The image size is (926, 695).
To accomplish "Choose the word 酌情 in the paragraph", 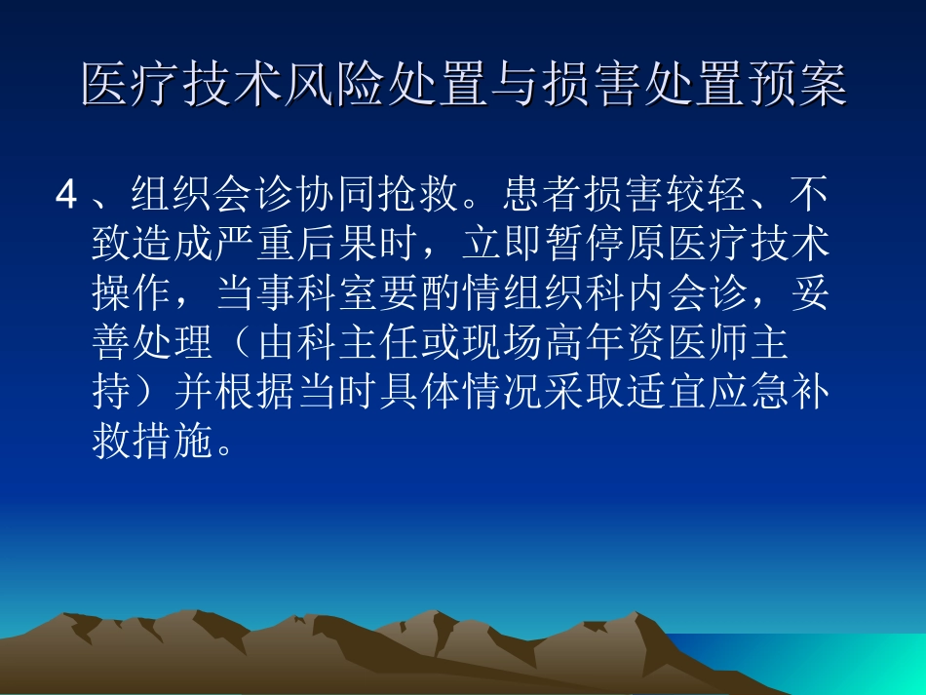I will coord(504,294).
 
